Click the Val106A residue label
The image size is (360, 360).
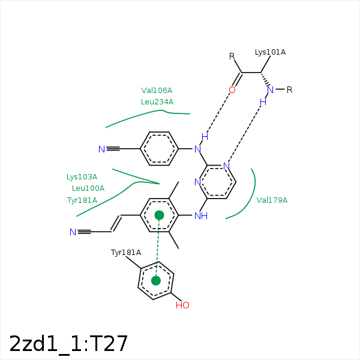(157, 91)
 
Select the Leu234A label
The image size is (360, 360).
(157, 102)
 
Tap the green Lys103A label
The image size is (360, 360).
(82, 177)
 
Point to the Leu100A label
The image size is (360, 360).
(88, 188)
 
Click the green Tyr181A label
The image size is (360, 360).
(82, 200)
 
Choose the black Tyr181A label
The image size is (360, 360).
(126, 253)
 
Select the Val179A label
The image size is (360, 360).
(272, 200)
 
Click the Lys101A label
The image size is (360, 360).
(270, 52)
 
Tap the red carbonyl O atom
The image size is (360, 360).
(232, 90)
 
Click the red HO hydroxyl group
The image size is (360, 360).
(182, 305)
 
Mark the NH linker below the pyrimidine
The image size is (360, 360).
(201, 216)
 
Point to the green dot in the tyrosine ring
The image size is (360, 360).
(156, 281)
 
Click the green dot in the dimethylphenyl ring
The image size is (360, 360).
(160, 215)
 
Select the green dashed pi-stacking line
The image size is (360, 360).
(157, 248)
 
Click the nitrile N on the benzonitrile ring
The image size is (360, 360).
(102, 149)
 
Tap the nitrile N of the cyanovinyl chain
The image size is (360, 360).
(73, 232)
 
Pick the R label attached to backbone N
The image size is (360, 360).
(290, 90)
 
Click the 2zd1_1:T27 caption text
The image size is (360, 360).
(68, 344)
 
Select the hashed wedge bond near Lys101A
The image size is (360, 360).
(265, 80)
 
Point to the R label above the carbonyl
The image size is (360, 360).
(232, 56)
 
